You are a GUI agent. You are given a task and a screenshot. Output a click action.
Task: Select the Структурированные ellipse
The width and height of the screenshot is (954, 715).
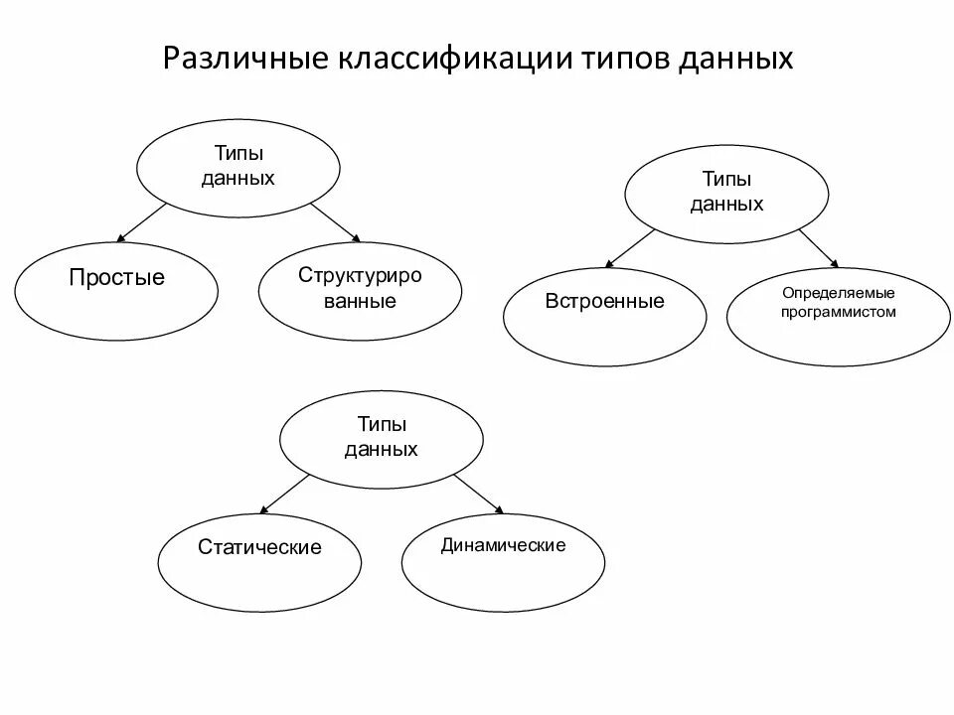pyautogui.click(x=360, y=287)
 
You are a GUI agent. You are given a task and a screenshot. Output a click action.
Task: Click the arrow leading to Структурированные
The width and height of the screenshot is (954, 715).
pyautogui.click(x=335, y=221)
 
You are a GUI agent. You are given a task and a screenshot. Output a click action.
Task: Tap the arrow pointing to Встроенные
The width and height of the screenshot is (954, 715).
pyautogui.click(x=630, y=248)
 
